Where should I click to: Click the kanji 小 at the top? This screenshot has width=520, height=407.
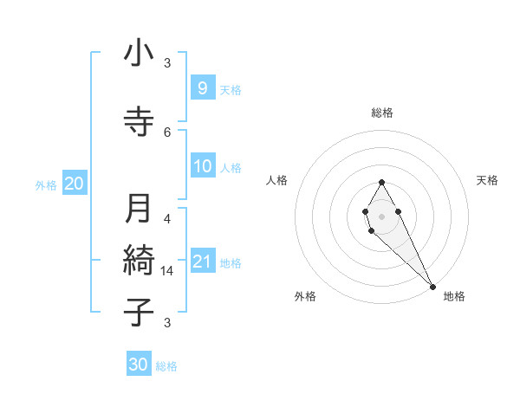(139, 54)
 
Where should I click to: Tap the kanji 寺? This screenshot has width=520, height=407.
(139, 123)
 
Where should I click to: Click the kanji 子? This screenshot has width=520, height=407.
(139, 313)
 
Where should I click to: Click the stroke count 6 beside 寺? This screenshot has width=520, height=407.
(167, 132)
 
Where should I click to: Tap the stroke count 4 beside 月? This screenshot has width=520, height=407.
(167, 218)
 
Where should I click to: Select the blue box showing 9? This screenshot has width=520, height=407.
(202, 87)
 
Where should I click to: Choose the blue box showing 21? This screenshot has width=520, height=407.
(202, 262)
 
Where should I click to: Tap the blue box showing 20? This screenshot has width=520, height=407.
(74, 183)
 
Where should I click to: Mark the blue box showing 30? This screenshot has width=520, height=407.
(139, 365)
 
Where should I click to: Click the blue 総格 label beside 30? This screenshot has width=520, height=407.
(166, 366)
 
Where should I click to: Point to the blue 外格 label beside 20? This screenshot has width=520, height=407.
(46, 184)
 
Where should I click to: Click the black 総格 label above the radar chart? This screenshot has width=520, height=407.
(381, 113)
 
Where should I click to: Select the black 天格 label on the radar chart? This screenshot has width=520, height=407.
(487, 180)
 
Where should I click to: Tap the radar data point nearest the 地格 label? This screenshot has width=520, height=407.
(432, 286)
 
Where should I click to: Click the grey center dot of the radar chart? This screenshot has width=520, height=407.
(381, 216)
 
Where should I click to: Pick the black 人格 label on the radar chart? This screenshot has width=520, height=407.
(276, 180)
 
